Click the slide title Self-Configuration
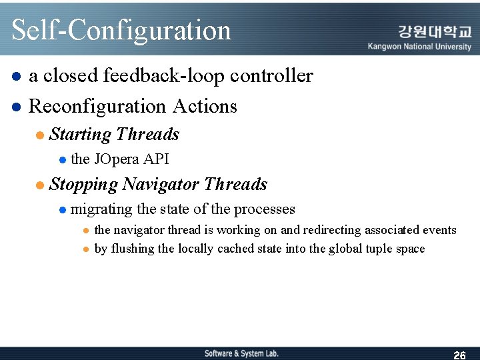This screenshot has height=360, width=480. pos(121,31)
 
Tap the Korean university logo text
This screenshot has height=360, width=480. pos(434,31)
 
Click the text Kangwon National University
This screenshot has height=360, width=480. pos(419,47)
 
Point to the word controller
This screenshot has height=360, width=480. pos(271,76)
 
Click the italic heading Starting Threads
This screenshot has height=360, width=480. pos(114,135)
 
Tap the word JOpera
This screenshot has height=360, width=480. pos(117,159)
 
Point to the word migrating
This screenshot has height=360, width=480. pos(101,209)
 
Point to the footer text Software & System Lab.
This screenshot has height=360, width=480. pos(241,353)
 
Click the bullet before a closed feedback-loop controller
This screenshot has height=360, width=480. pos(16,77)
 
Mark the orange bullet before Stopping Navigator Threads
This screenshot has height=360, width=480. pos(40,185)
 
